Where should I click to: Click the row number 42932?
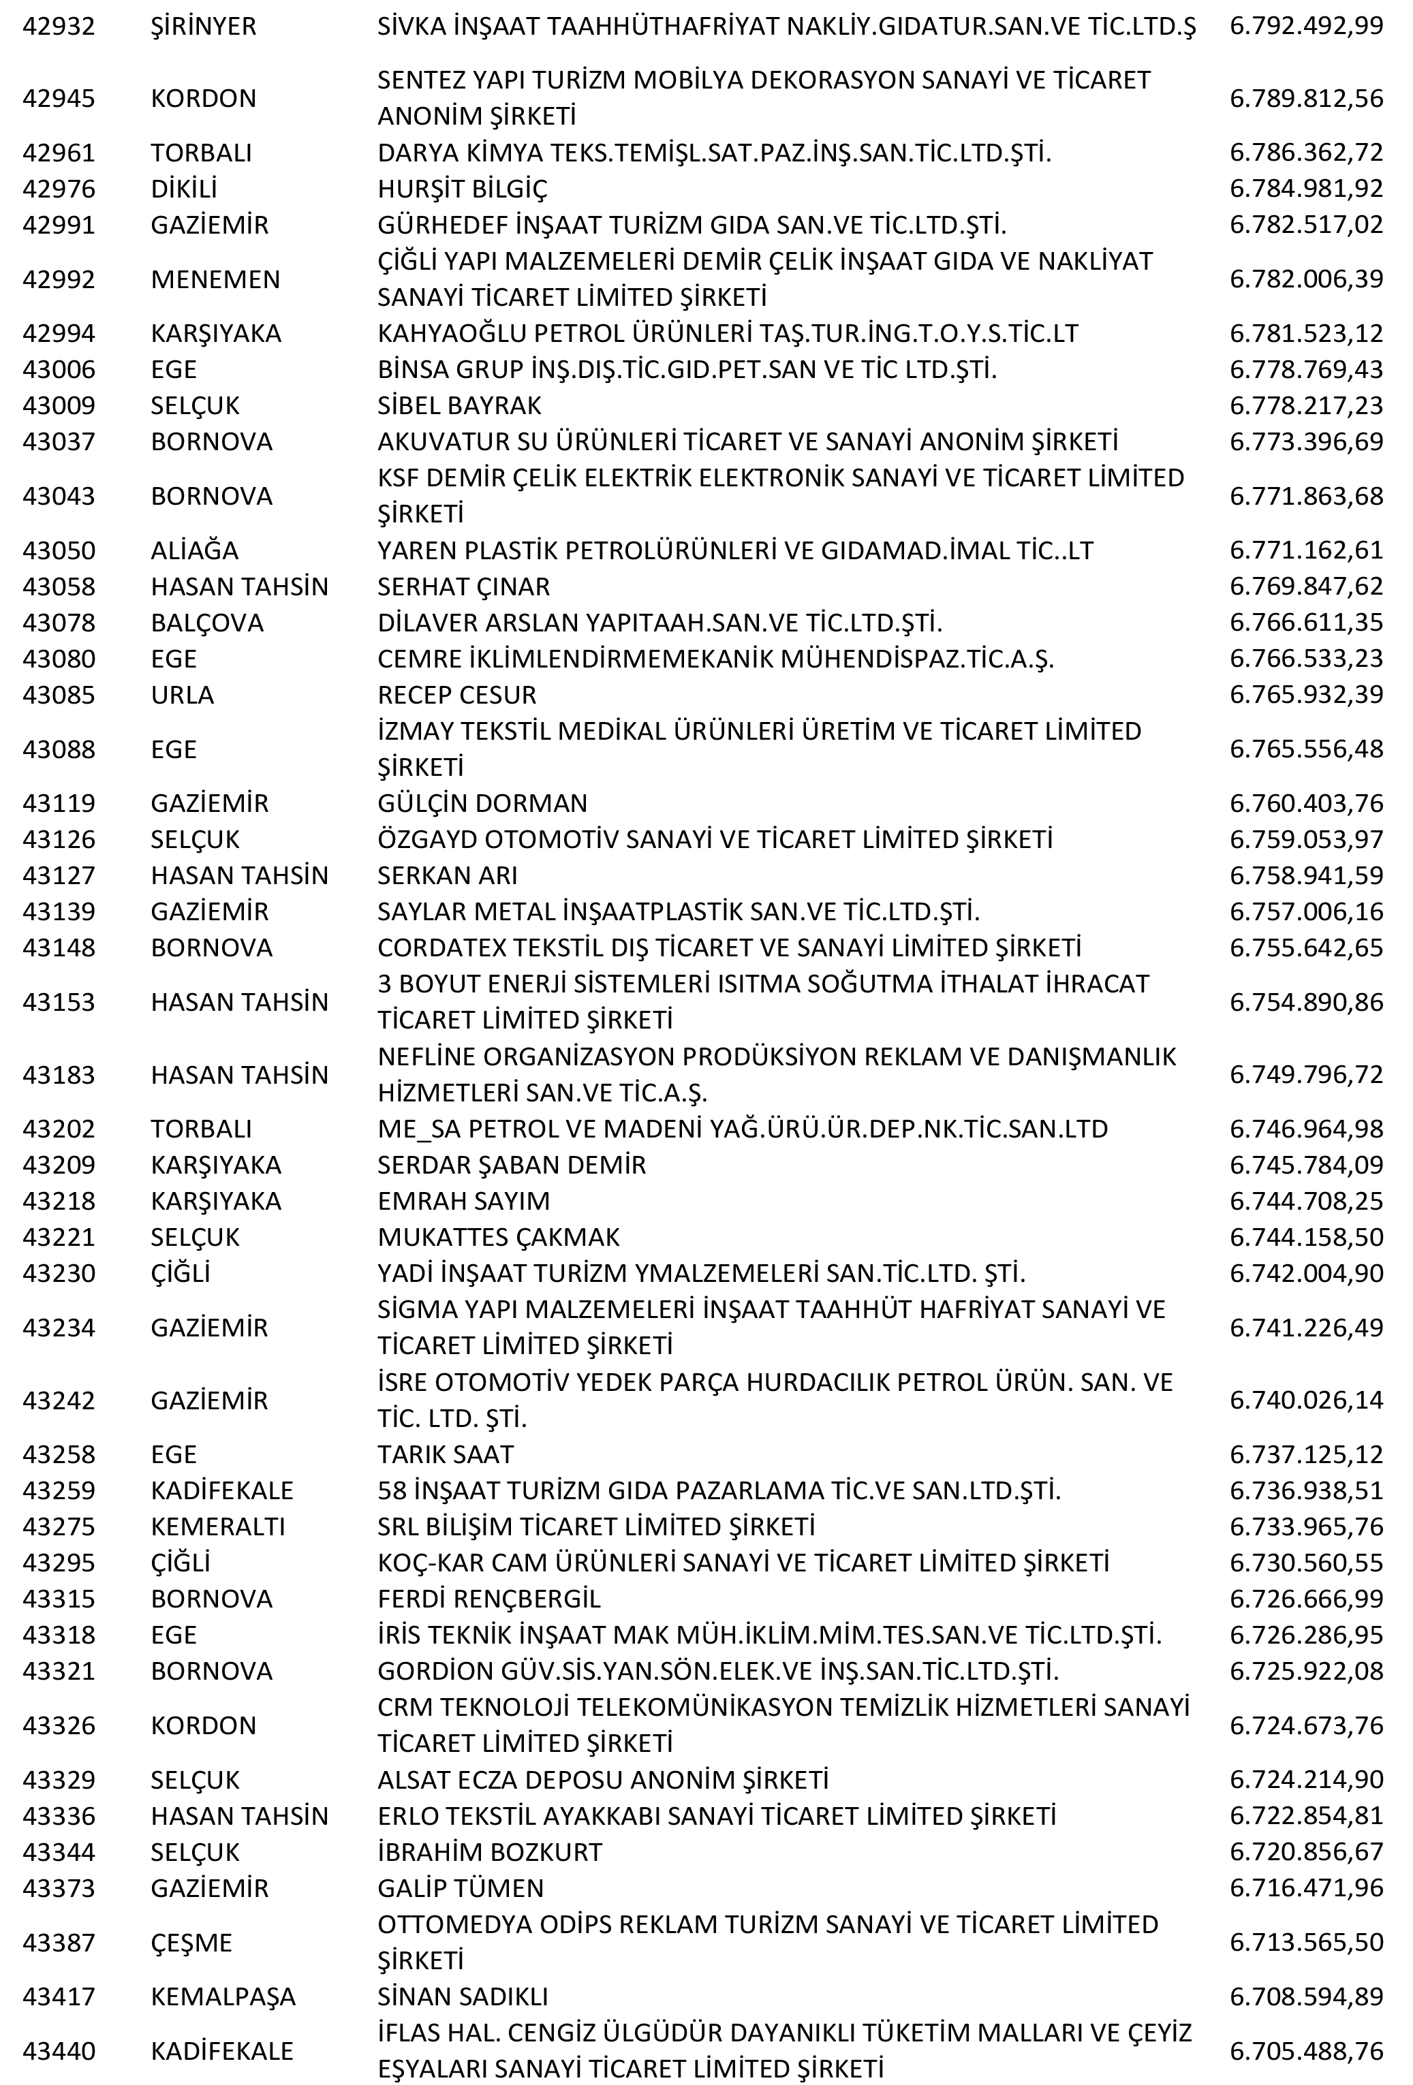[x=59, y=26]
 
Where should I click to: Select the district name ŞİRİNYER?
[x=204, y=26]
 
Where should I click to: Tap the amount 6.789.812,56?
[x=1306, y=98]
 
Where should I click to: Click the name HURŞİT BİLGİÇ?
[x=462, y=189]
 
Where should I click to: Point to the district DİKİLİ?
[x=184, y=189]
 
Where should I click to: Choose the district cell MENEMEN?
[x=215, y=279]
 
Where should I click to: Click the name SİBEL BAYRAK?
[x=459, y=405]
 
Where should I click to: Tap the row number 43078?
[x=59, y=623]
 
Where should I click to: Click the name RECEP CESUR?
[x=456, y=694]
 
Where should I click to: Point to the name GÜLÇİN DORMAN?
[x=482, y=803]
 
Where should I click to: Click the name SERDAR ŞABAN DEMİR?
[x=512, y=1165]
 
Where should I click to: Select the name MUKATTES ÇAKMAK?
[x=499, y=1237]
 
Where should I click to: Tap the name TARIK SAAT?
[x=446, y=1454]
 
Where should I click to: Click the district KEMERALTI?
[x=218, y=1526]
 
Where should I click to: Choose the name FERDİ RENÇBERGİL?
[x=489, y=1599]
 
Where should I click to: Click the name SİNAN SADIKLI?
[x=463, y=1996]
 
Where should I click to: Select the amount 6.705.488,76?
[x=1306, y=2051]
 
